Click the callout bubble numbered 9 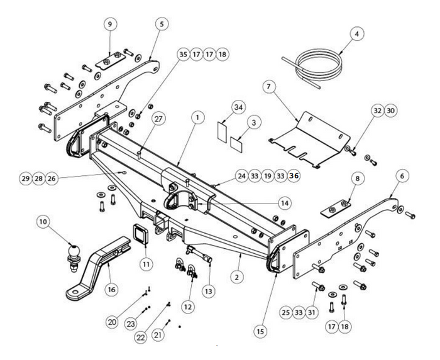click(110, 24)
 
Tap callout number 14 click(285, 203)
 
